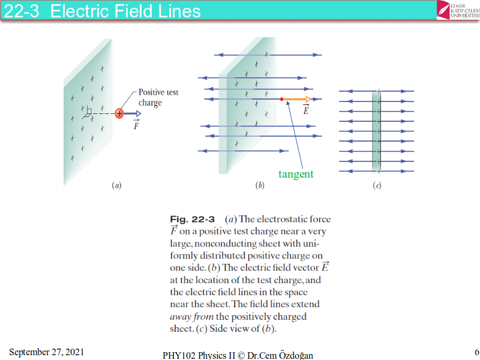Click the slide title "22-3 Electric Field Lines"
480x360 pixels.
pyautogui.click(x=102, y=10)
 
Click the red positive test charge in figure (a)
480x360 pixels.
pyautogui.click(x=119, y=113)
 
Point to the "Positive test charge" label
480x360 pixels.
pyautogui.click(x=158, y=97)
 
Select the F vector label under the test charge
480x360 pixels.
pyautogui.click(x=136, y=126)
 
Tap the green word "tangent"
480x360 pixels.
pyautogui.click(x=296, y=174)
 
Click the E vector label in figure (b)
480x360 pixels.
pyautogui.click(x=306, y=110)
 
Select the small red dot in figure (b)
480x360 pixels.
pyautogui.click(x=281, y=98)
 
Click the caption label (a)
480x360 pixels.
pyautogui.click(x=117, y=186)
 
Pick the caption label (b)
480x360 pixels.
pyautogui.click(x=260, y=186)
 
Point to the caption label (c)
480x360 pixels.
pyautogui.click(x=377, y=186)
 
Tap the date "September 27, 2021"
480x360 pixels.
pyautogui.click(x=46, y=351)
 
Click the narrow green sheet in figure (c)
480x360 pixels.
pyautogui.click(x=377, y=131)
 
